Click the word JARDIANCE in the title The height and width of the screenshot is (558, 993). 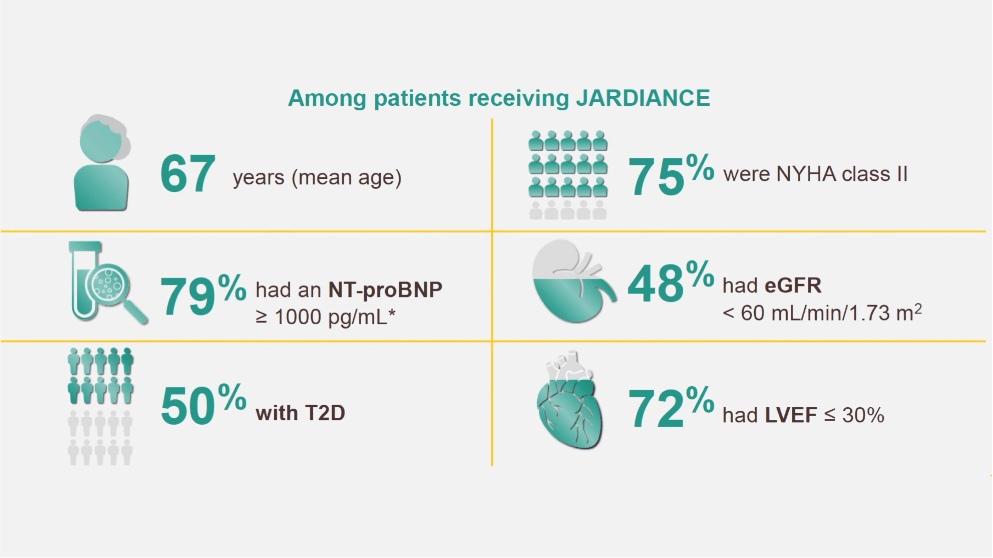[x=643, y=98]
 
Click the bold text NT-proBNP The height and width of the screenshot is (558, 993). [x=385, y=289]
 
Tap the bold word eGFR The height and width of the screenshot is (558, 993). [x=793, y=286]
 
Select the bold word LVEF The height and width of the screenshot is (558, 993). [x=791, y=415]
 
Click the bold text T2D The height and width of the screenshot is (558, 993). [x=325, y=413]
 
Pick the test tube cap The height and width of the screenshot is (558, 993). [x=85, y=246]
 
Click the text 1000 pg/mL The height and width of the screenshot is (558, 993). [x=331, y=317]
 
